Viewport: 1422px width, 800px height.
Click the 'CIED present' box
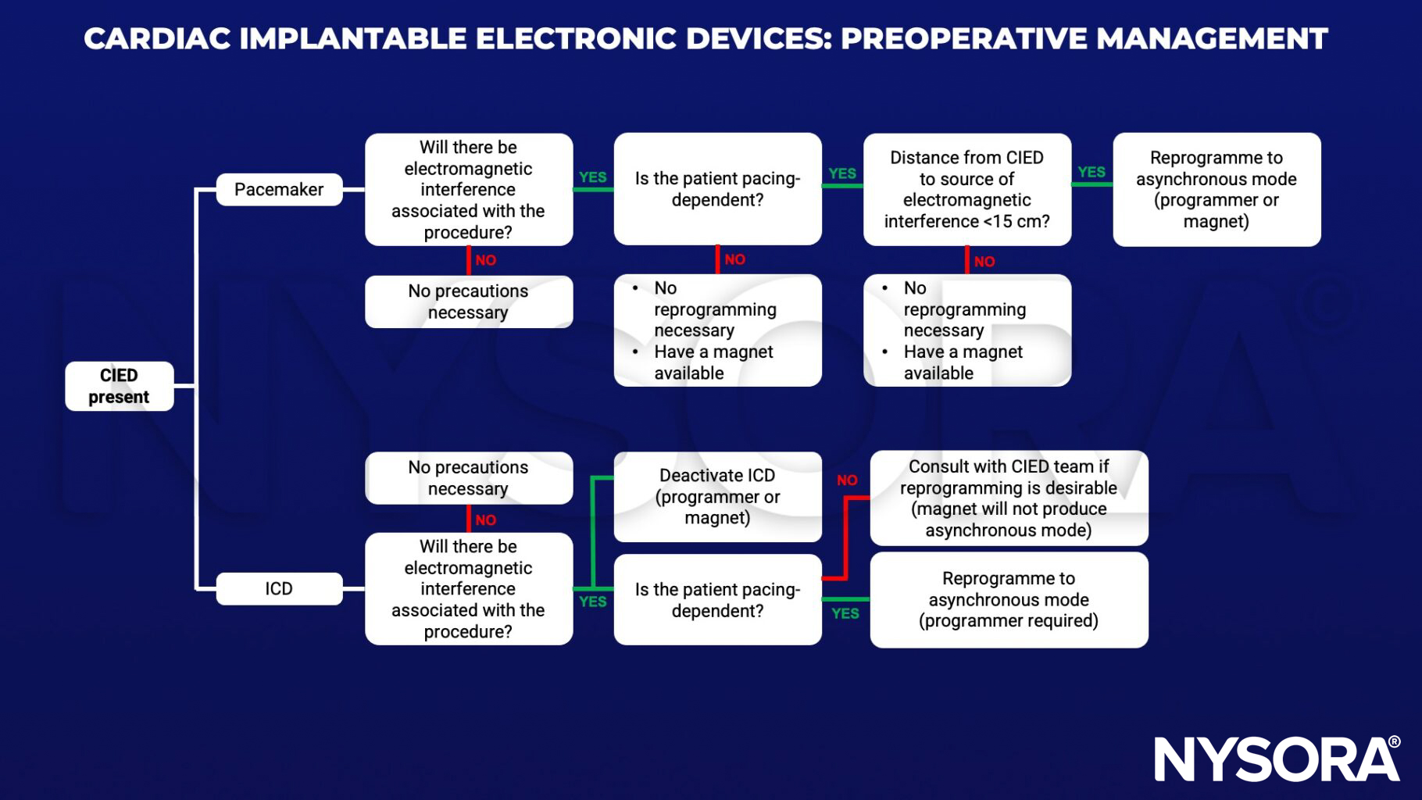[x=119, y=386]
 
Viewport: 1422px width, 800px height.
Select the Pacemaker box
[x=279, y=190]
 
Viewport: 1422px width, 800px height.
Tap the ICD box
[x=279, y=588]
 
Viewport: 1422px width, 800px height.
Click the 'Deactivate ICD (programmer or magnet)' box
[x=717, y=497]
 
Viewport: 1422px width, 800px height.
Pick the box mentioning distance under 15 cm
[x=966, y=190]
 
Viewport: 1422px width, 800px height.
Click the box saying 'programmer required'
[x=1009, y=600]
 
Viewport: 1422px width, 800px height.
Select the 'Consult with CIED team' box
[x=1009, y=498]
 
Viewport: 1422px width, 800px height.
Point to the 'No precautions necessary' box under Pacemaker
[x=468, y=302]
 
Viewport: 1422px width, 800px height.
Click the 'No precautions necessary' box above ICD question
[x=468, y=478]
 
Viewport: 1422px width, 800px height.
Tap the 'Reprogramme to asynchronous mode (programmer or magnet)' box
[x=1217, y=190]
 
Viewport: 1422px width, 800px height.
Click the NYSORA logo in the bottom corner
[x=1277, y=758]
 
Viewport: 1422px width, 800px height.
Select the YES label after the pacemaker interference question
[x=592, y=177]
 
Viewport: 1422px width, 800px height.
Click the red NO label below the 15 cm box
[x=984, y=262]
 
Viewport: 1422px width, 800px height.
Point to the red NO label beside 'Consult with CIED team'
[x=847, y=480]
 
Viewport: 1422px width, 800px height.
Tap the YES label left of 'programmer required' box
[x=845, y=613]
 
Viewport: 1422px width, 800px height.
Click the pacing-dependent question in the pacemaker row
[x=717, y=190]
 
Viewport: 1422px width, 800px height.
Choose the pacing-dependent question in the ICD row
[x=717, y=600]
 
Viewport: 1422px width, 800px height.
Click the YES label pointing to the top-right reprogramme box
[x=1092, y=172]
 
